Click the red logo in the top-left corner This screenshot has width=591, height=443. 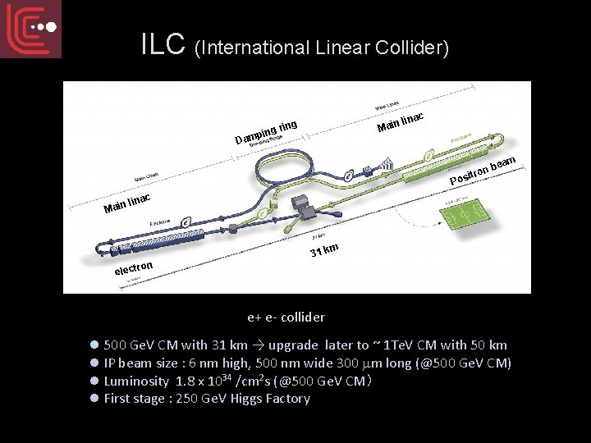[x=30, y=29]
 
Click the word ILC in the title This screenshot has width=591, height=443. [x=165, y=45]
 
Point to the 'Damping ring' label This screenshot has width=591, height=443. [x=265, y=131]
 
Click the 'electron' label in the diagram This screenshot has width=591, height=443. [x=134, y=267]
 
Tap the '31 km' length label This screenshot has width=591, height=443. [x=324, y=249]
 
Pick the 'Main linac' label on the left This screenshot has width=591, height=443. [x=127, y=202]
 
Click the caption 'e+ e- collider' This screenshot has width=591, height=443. [x=286, y=317]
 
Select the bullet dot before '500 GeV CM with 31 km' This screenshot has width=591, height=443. [x=94, y=345]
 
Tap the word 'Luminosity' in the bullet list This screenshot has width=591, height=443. [x=136, y=381]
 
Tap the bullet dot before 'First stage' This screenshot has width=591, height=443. [x=94, y=399]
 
